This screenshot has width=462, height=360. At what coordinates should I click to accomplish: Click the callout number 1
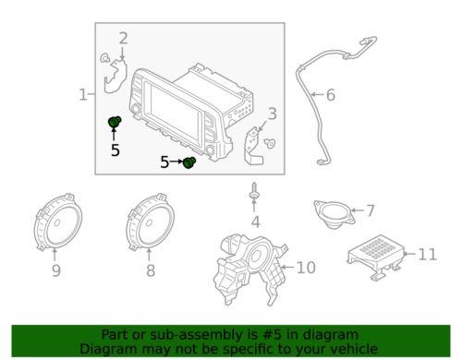pyautogui.click(x=83, y=94)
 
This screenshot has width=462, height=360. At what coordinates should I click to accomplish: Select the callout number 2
pyautogui.click(x=123, y=39)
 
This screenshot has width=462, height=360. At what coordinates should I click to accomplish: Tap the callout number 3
pyautogui.click(x=272, y=114)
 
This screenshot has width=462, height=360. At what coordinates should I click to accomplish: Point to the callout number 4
pyautogui.click(x=256, y=222)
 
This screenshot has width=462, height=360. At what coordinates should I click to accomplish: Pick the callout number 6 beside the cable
pyautogui.click(x=331, y=95)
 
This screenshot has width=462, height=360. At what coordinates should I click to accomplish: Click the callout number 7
pyautogui.click(x=370, y=210)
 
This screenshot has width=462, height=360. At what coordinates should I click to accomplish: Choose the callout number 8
pyautogui.click(x=151, y=270)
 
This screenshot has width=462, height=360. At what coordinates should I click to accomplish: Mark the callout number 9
pyautogui.click(x=56, y=270)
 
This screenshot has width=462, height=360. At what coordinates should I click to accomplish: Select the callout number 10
pyautogui.click(x=306, y=268)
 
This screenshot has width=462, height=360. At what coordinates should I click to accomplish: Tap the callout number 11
pyautogui.click(x=428, y=254)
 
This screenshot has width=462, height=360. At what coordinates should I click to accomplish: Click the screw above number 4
pyautogui.click(x=254, y=191)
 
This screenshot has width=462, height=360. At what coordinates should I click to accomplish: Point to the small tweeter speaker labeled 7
pyautogui.click(x=334, y=214)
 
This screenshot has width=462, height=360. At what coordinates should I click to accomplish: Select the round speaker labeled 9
pyautogui.click(x=57, y=222)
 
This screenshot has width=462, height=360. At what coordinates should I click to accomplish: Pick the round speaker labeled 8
pyautogui.click(x=150, y=222)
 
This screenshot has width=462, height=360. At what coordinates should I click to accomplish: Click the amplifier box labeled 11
pyautogui.click(x=377, y=258)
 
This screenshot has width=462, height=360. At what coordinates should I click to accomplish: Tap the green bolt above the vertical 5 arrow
pyautogui.click(x=115, y=122)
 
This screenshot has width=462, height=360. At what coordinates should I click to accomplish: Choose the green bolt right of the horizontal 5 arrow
pyautogui.click(x=189, y=162)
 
